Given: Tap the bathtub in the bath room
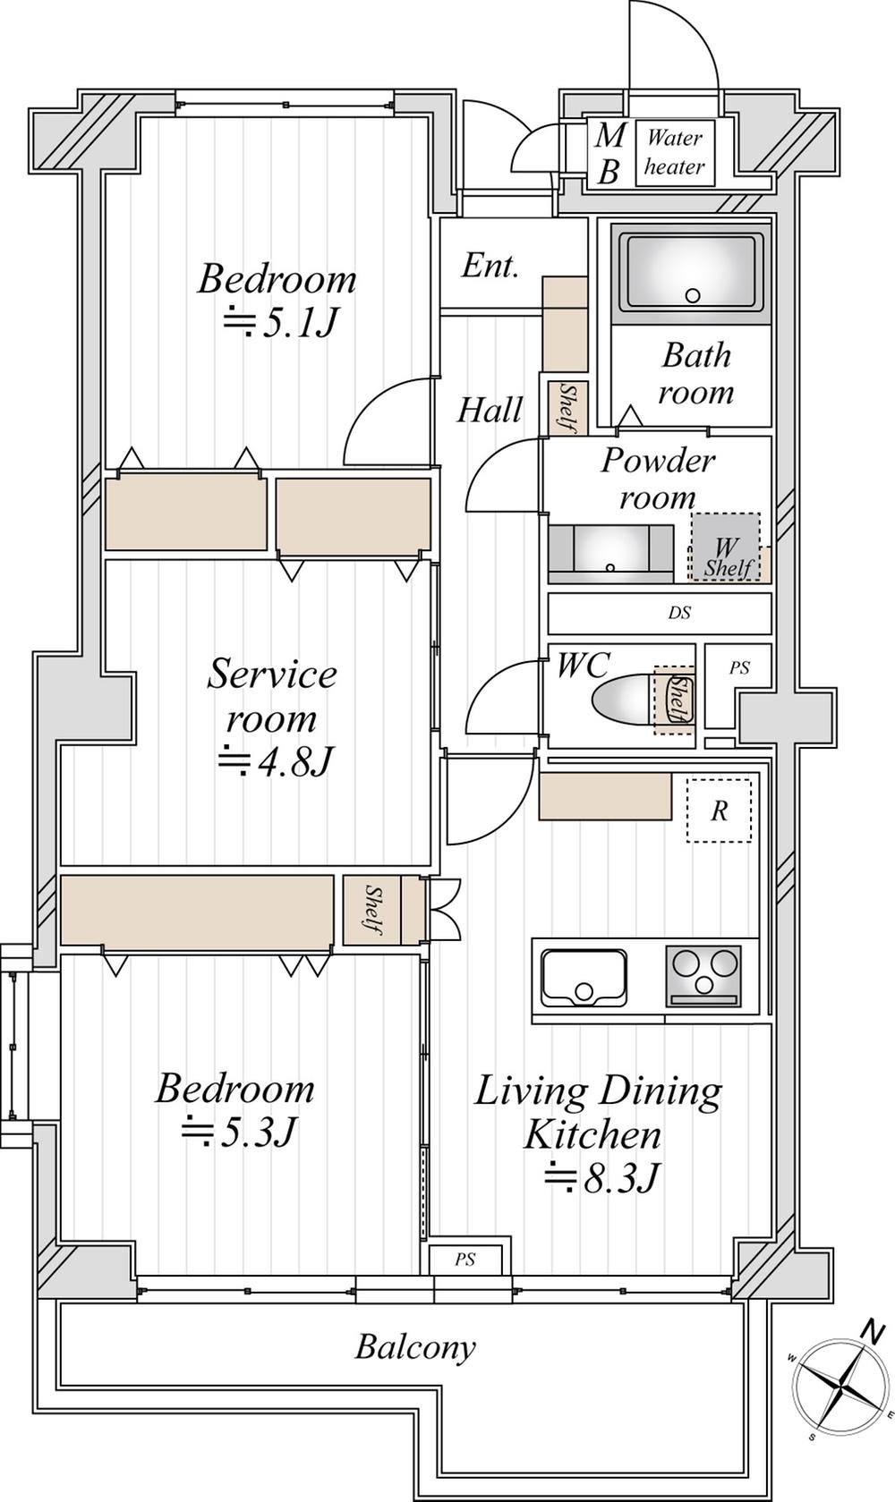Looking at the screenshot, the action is pos(693,272).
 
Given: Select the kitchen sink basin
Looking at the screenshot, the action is pos(584,978).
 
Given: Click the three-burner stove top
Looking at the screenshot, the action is pos(703,976).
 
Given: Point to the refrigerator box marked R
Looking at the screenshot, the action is pos(720,810).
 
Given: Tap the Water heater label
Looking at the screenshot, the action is pos(674,153).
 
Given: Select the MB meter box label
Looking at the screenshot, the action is pos(608,153).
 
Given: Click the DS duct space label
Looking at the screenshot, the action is pos(679,612).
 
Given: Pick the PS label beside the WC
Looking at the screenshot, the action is pos(739,668).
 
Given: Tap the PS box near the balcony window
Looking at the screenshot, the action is pos(465,1260).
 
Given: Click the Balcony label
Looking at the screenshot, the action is pos(415,1346).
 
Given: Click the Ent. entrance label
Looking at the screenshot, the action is pos(490,267).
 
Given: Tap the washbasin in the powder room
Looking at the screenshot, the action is pos(610,554).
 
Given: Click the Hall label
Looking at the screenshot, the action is pos(489,410).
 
